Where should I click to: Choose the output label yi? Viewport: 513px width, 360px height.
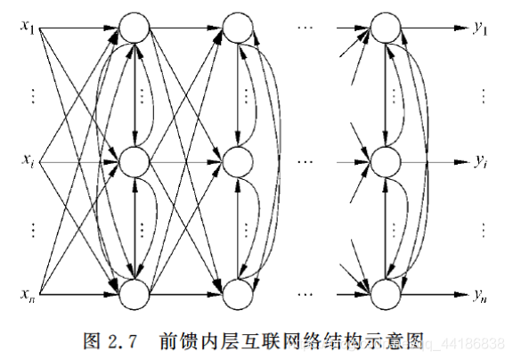click(x=481, y=163)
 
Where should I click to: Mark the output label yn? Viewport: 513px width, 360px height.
click(x=481, y=294)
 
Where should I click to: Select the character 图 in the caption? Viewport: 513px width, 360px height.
click(x=89, y=340)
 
